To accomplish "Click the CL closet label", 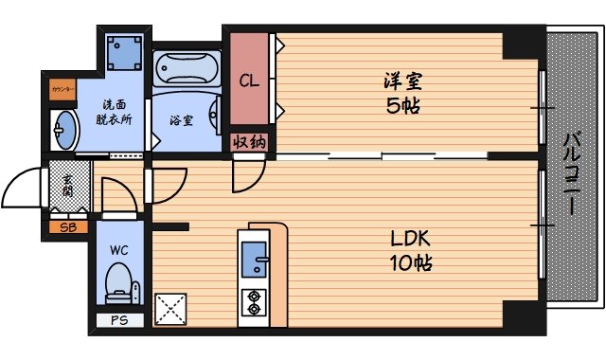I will (x=249, y=80).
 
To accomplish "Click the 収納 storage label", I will (x=249, y=142).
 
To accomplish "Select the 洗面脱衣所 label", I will (x=115, y=112).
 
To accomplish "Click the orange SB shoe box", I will (x=68, y=227).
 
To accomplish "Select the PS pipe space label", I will (x=118, y=320).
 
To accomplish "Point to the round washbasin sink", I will (x=65, y=128).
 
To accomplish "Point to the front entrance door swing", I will (x=27, y=185).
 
